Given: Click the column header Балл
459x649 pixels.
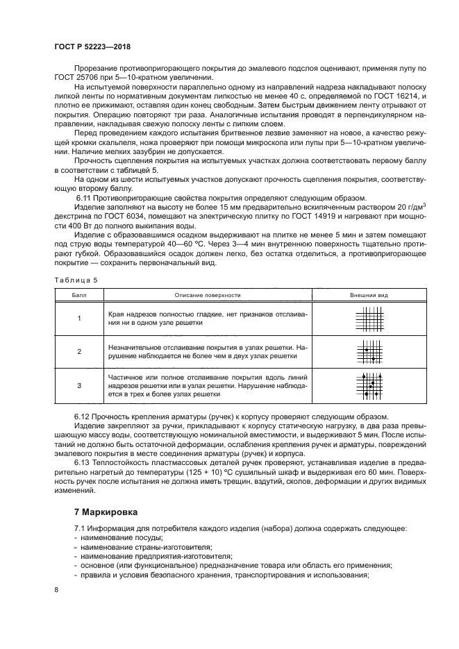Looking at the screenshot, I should [x=78, y=295].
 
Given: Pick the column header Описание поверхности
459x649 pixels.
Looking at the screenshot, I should [x=207, y=295].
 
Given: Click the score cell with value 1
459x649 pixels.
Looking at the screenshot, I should [x=78, y=318].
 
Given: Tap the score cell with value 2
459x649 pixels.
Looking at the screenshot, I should [x=78, y=351].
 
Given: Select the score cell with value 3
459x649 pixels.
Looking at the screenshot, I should [x=78, y=385].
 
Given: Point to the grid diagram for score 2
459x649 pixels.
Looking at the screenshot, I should [x=367, y=351].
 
